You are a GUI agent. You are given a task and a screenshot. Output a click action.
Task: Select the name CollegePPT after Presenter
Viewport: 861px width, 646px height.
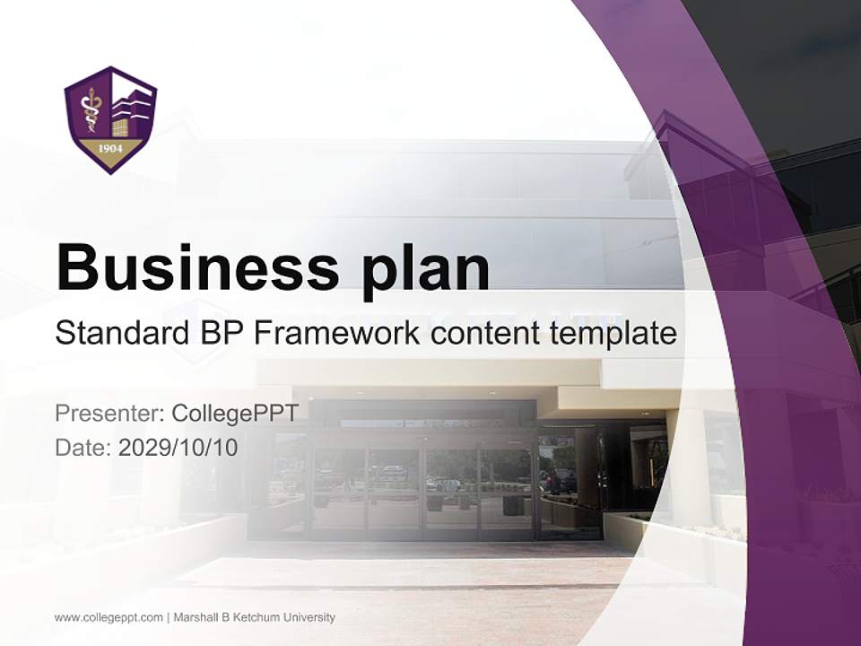[x=234, y=414]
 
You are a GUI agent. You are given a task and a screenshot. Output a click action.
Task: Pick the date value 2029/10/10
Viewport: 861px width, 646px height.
[x=178, y=447]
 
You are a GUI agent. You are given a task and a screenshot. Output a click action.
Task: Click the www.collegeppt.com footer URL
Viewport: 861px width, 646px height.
[x=109, y=617]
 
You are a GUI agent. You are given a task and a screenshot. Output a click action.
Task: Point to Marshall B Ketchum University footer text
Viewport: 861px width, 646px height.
[x=254, y=617]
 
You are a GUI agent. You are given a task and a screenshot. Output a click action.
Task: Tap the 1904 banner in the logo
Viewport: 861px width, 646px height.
[x=109, y=147]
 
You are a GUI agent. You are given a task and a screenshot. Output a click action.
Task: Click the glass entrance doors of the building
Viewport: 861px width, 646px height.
[x=422, y=489]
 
